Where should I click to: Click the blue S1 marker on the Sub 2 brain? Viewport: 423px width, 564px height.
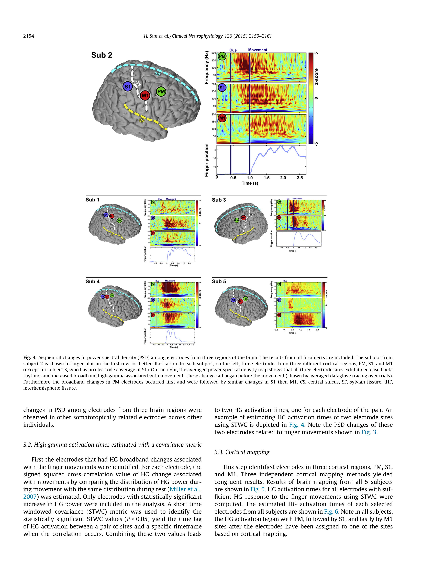pyautogui.click(x=127, y=86)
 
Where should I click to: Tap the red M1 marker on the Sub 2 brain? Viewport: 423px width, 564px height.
pyautogui.click(x=145, y=96)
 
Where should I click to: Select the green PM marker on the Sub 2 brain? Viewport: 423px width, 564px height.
pyautogui.click(x=161, y=92)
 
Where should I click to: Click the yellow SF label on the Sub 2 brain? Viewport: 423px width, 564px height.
pyautogui.click(x=141, y=120)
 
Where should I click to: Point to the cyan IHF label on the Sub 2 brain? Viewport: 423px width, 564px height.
pyautogui.click(x=158, y=74)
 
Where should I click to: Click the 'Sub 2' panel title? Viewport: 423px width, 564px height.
pyautogui.click(x=102, y=55)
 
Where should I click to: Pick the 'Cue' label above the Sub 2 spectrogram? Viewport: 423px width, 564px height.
pyautogui.click(x=233, y=50)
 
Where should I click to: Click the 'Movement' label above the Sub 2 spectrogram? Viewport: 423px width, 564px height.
pyautogui.click(x=258, y=50)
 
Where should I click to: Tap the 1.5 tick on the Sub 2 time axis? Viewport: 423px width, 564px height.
pyautogui.click(x=266, y=178)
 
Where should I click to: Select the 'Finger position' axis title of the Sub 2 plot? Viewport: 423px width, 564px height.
pyautogui.click(x=207, y=160)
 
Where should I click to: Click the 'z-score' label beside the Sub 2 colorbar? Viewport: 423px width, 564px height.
pyautogui.click(x=316, y=76)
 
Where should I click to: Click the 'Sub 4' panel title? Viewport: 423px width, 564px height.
pyautogui.click(x=93, y=281)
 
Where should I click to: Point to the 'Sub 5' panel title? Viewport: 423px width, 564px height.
pyautogui.click(x=219, y=281)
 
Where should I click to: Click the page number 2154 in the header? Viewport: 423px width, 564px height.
pyautogui.click(x=29, y=36)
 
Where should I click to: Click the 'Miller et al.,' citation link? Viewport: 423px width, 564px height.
pyautogui.click(x=186, y=489)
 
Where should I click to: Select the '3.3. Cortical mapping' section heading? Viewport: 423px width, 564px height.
pyautogui.click(x=242, y=452)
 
